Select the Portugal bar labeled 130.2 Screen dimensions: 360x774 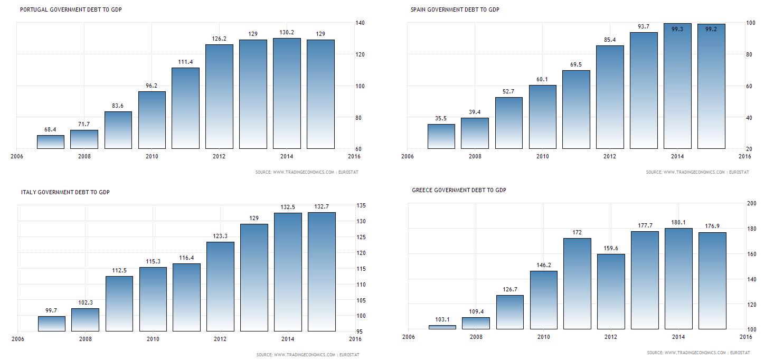tap(287, 93)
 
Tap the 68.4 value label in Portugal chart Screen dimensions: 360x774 tap(50, 129)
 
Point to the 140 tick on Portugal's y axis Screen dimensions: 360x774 tap(361, 23)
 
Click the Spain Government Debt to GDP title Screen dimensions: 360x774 tap(455, 10)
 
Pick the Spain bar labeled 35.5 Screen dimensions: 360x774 tap(441, 136)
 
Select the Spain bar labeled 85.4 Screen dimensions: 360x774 tap(610, 97)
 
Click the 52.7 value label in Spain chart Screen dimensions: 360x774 tap(508, 91)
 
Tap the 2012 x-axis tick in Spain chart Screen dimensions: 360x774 tap(610, 156)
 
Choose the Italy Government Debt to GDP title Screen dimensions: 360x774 tap(65, 192)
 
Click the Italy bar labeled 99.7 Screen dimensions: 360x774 tap(52, 324)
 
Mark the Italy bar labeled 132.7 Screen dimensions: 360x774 tap(322, 272)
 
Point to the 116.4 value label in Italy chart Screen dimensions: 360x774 tap(186, 258)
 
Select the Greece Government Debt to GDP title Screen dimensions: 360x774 tap(459, 190)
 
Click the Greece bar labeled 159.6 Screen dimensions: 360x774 tap(611, 291)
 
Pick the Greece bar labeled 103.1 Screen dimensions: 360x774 tap(442, 327)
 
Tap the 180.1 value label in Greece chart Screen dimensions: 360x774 tap(678, 222)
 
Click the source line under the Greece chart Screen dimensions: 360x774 tap(698, 353)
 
